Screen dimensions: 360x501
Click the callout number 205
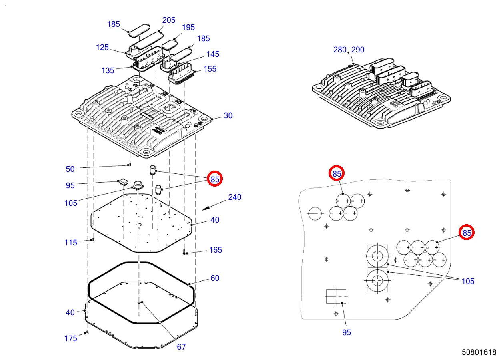click(168, 20)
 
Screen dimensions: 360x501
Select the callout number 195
click(188, 27)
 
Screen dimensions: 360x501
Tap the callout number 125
click(102, 47)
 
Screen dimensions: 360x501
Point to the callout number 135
click(108, 70)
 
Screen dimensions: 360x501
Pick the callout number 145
click(212, 54)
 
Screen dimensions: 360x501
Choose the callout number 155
click(210, 69)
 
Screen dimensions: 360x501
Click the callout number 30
click(228, 115)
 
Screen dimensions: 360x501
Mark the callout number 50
click(70, 169)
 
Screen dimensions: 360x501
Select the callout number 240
click(235, 197)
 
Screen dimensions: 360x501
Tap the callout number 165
click(216, 250)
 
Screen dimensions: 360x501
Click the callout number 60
click(215, 278)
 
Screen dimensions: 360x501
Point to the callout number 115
click(71, 243)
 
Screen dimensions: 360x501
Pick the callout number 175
click(71, 338)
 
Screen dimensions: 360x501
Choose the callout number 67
click(181, 347)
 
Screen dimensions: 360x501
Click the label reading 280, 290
click(349, 50)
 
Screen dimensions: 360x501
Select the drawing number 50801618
click(479, 352)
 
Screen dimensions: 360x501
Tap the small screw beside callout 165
click(184, 252)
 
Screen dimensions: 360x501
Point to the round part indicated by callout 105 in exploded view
click(138, 185)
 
